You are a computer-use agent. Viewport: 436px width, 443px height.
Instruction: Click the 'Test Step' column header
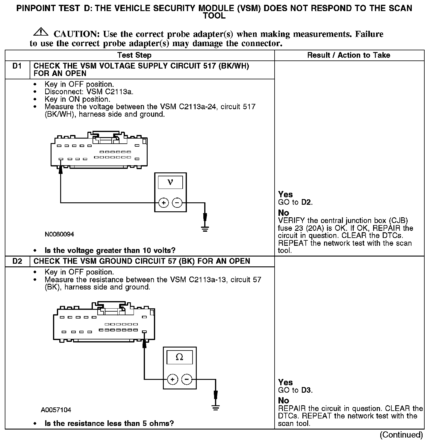134,55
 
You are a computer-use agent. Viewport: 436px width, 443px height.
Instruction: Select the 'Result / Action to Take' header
349,55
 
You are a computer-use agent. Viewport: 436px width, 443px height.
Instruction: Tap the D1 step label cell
17,66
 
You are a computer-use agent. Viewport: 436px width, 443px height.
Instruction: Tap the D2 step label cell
17,261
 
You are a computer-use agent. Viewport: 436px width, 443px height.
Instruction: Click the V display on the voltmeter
170,182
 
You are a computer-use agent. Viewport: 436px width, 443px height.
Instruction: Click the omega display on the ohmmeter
179,357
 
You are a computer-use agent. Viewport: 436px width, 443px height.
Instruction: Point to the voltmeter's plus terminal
163,203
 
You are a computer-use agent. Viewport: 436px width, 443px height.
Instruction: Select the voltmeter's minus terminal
177,203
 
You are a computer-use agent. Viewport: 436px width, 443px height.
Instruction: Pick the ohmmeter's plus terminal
172,380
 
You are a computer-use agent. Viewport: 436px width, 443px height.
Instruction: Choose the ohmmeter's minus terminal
187,380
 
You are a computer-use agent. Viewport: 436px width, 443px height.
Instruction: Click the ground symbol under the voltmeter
205,229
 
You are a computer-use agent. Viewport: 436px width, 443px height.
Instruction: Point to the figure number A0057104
56,410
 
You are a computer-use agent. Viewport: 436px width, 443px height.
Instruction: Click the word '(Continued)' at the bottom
401,435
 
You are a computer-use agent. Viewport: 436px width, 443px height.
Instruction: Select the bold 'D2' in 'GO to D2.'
306,202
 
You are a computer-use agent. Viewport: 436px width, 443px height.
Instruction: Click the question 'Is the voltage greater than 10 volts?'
110,250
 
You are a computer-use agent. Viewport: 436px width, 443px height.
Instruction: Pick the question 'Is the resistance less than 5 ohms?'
109,423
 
